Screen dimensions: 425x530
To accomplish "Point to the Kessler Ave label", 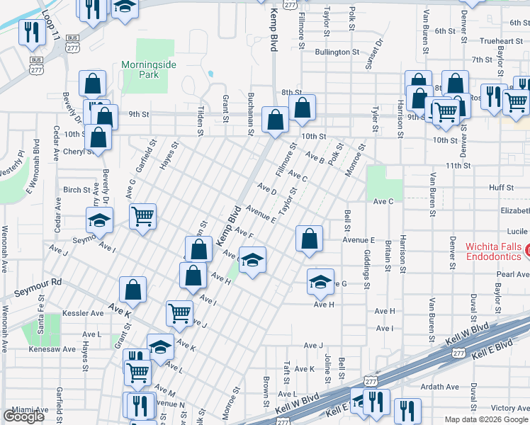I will coord(87,312).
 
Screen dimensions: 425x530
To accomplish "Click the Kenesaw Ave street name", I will coord(52,349).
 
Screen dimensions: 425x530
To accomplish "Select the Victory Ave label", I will coord(510,408).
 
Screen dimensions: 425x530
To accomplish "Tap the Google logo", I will coord(23,416).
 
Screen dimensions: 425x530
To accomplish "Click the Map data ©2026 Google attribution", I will coord(485,419).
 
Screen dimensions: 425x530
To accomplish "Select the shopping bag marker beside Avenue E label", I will coord(309,240).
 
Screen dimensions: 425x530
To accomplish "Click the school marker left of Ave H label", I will coord(320,283).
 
